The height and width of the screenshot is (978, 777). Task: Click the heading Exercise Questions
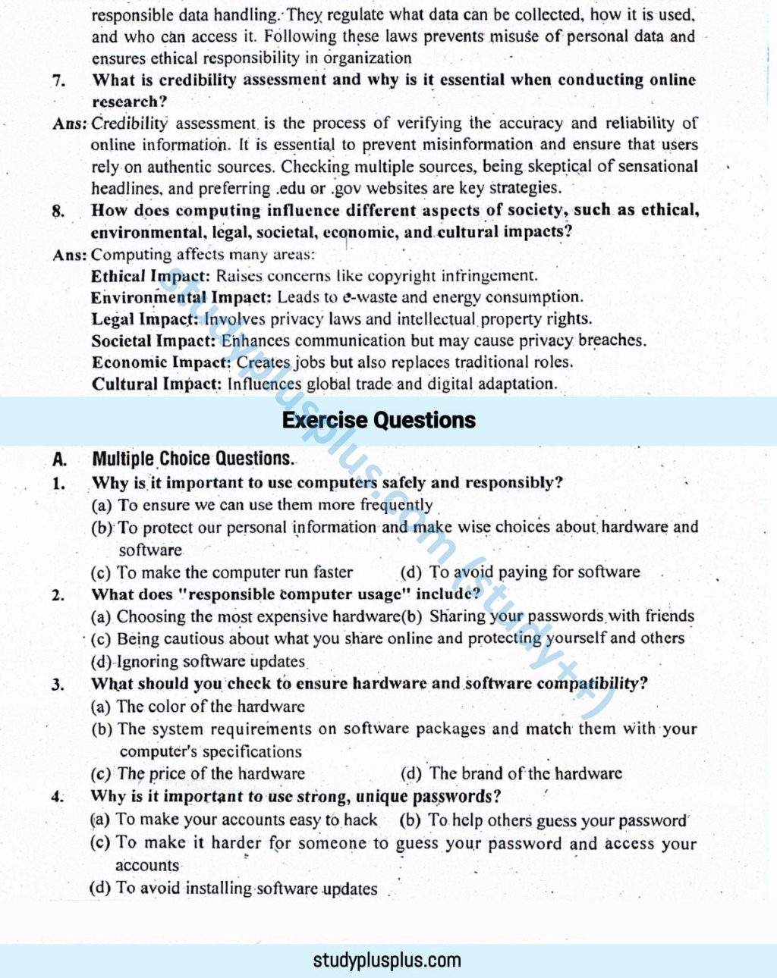379,420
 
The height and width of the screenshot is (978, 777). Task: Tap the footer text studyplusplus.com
387,961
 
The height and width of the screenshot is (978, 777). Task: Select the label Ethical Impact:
150,276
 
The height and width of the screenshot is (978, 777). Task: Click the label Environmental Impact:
181,297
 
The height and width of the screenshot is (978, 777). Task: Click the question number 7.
58,80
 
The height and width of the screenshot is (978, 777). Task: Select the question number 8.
58,211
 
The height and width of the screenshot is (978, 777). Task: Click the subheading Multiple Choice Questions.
193,459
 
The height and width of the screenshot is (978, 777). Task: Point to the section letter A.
59,459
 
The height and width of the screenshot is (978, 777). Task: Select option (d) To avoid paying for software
520,572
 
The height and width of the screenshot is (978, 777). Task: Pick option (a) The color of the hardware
198,707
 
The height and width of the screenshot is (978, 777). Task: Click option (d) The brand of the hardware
511,774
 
